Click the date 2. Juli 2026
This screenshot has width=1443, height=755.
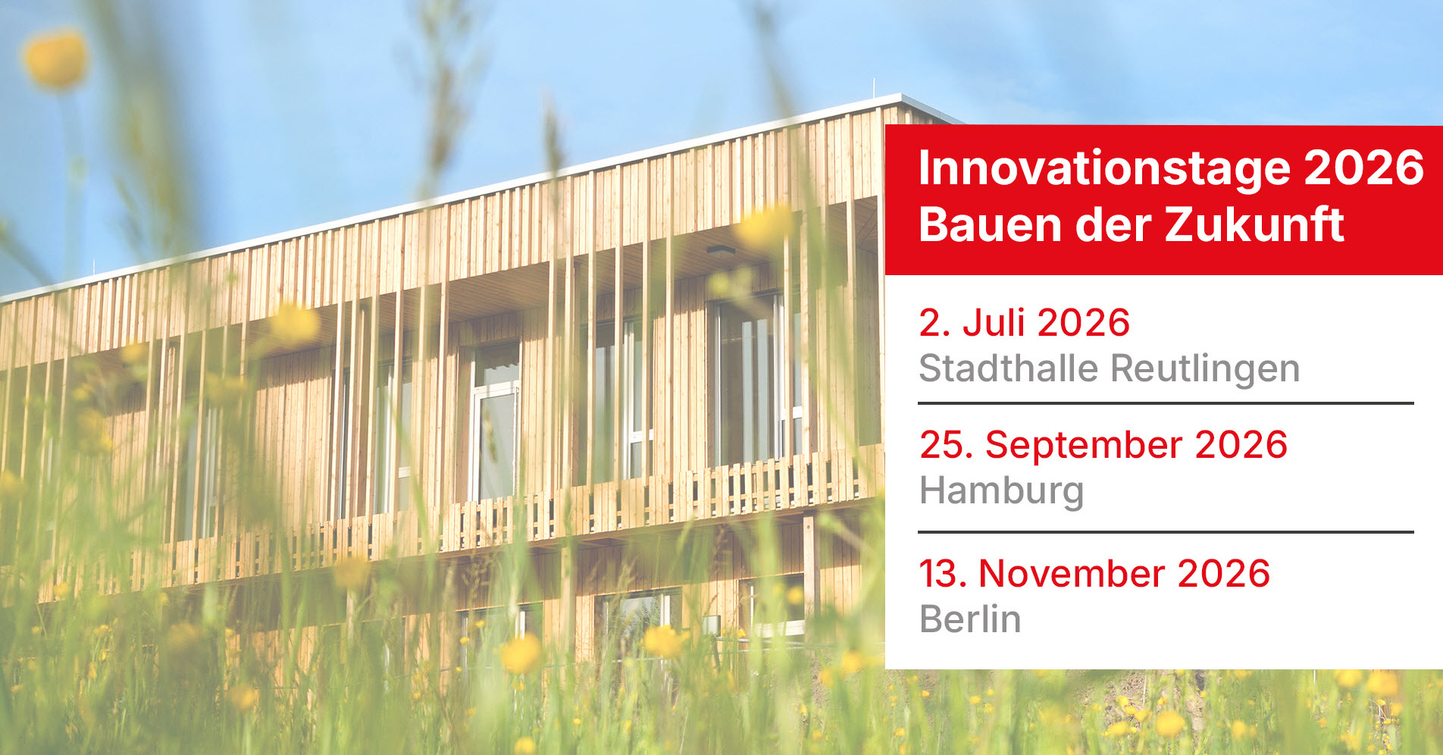pos(1024,323)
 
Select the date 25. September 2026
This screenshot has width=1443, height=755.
pos(1103,445)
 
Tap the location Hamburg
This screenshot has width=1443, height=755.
pos(1001,491)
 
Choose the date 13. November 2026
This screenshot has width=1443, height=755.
pos(1094,574)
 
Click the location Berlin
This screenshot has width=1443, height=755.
pos(970,619)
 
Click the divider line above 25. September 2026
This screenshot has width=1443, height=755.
pos(1166,403)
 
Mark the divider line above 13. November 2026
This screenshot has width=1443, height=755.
pos(1166,532)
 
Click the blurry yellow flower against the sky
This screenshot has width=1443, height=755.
pos(55,58)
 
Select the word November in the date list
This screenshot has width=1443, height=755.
pos(1072,574)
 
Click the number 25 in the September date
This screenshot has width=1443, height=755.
pos(941,445)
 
